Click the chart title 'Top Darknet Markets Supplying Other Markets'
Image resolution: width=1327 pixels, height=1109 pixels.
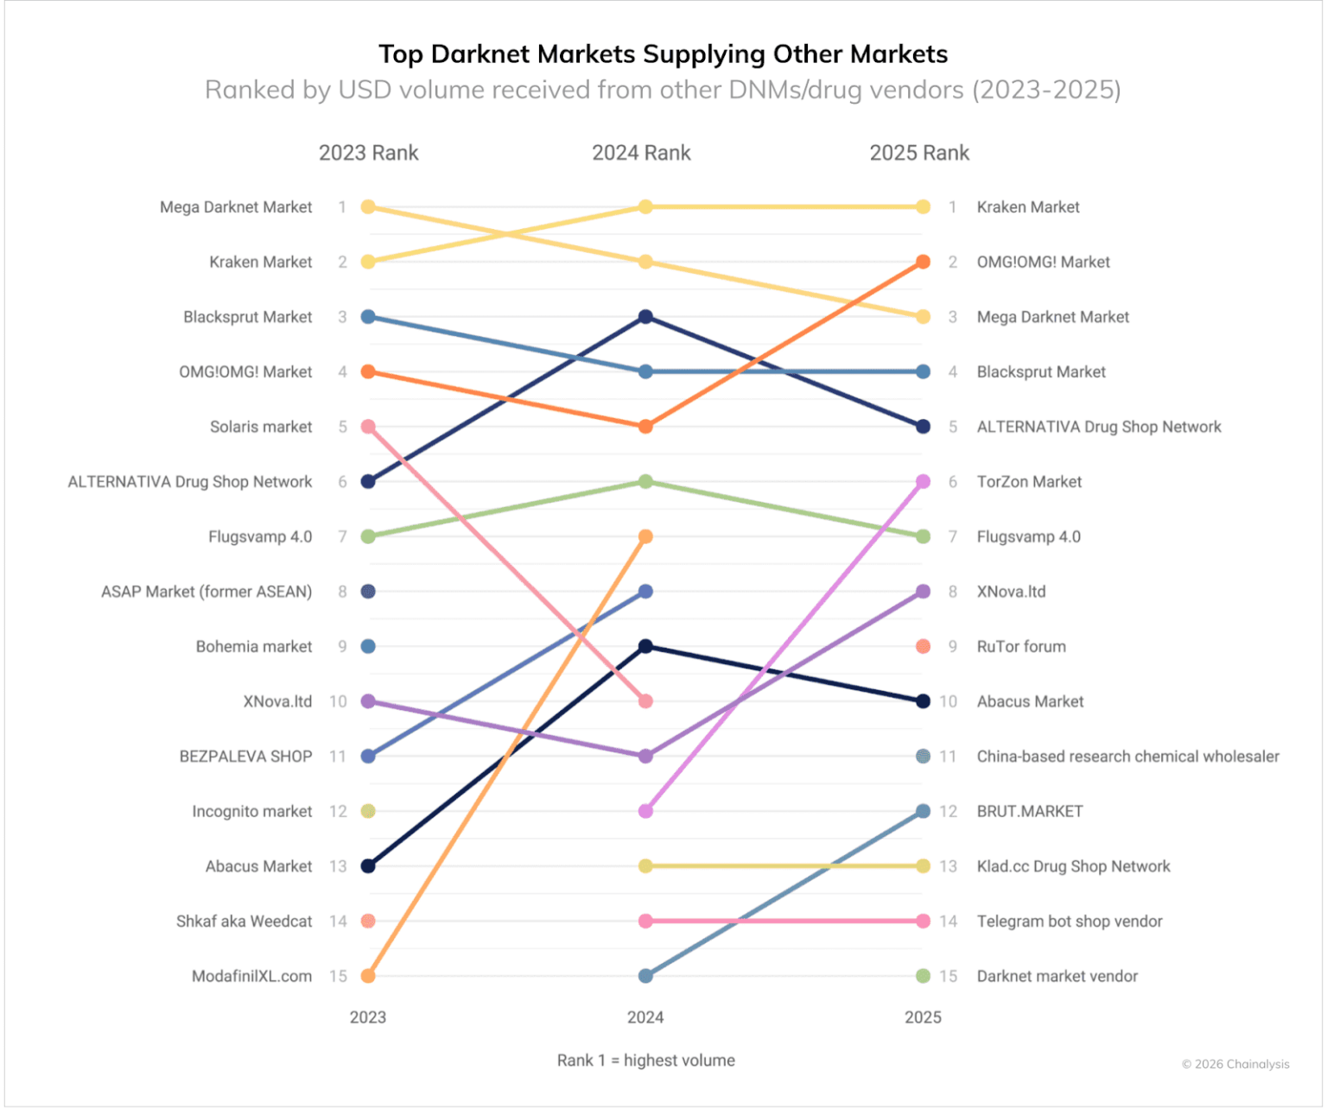pyautogui.click(x=663, y=54)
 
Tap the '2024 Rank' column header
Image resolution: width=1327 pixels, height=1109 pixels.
pyautogui.click(x=641, y=153)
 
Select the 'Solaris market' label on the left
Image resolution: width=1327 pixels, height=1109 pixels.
pyautogui.click(x=261, y=427)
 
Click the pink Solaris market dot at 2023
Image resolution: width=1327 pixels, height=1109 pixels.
pyautogui.click(x=368, y=427)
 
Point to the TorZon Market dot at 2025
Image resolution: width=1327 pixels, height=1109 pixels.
pyautogui.click(x=923, y=482)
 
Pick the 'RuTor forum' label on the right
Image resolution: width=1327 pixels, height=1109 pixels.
pyautogui.click(x=1020, y=646)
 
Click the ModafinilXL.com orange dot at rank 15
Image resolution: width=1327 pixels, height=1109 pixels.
pyautogui.click(x=368, y=975)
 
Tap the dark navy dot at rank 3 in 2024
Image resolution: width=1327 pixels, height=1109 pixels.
pyautogui.click(x=645, y=316)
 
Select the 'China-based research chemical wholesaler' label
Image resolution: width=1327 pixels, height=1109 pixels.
pyautogui.click(x=1127, y=757)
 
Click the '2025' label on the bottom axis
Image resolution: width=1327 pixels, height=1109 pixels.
pyautogui.click(x=923, y=1017)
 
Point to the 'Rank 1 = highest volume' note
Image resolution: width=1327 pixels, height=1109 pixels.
pyautogui.click(x=645, y=1060)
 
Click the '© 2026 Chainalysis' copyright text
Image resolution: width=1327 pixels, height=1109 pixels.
pyautogui.click(x=1235, y=1064)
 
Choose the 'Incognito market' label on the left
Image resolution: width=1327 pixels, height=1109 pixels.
pyautogui.click(x=251, y=812)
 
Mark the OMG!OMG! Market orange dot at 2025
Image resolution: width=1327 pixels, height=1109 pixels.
pyautogui.click(x=923, y=262)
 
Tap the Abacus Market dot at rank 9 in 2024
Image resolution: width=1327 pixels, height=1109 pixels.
pyautogui.click(x=645, y=646)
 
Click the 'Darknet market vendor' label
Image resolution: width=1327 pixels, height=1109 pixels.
pyautogui.click(x=1057, y=976)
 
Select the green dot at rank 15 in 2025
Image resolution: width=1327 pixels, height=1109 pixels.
pyautogui.click(x=923, y=975)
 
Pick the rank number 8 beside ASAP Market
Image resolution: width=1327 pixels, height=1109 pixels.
pyautogui.click(x=343, y=592)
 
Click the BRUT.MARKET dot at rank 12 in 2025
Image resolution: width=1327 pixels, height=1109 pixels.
pyautogui.click(x=923, y=811)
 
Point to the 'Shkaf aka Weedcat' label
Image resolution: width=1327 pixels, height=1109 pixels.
pyautogui.click(x=244, y=922)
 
